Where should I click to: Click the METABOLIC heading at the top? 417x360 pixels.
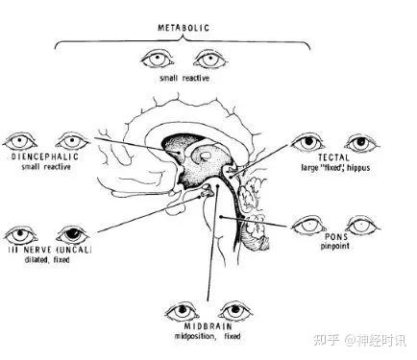[x=184, y=28]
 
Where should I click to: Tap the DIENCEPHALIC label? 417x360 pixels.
[x=45, y=156]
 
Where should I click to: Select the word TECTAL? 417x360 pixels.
[x=333, y=157]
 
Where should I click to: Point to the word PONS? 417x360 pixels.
[x=336, y=237]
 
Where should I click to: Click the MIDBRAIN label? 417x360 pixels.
[x=208, y=326]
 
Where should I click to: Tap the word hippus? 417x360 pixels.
[x=358, y=167]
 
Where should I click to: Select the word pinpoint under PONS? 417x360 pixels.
[x=334, y=246]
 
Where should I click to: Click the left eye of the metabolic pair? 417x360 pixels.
[x=158, y=60]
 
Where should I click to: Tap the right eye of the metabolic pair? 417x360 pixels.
[x=210, y=60]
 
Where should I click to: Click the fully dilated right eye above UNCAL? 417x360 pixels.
[x=73, y=235]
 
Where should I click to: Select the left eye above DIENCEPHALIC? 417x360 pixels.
[x=20, y=141]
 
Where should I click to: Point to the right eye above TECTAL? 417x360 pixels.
[x=361, y=143]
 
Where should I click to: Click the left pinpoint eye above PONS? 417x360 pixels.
[x=308, y=226]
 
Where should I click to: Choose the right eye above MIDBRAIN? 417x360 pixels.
[x=235, y=311]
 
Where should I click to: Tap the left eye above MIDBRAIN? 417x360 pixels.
[x=183, y=311]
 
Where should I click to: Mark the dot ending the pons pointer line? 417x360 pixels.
[x=221, y=217]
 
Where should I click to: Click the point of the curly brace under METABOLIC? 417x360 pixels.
[x=184, y=36]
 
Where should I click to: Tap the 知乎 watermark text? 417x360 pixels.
[x=326, y=340]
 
